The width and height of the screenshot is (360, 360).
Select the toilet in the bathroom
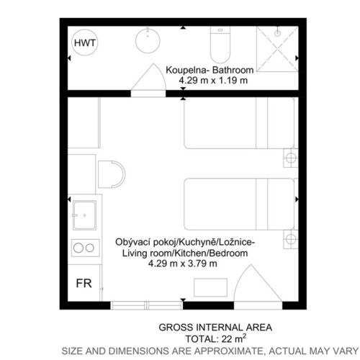pos(220,45)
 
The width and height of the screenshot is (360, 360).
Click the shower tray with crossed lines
pos(277,49)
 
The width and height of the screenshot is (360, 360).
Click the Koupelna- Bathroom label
pos(210,70)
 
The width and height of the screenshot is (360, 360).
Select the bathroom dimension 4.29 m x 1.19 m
pos(213,81)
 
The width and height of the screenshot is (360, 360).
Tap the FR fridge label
pos(84,284)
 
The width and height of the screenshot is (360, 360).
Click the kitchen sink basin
pos(84,215)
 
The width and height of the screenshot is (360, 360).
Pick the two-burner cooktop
pos(86,248)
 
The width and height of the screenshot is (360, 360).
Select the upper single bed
pos(239,123)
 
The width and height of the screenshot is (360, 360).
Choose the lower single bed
pos(239,204)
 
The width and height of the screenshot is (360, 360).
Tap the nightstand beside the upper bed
pos(291,158)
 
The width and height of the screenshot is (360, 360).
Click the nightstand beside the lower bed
pos(291,239)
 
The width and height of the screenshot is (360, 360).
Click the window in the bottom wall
pos(147,305)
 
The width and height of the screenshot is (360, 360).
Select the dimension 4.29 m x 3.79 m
pos(183,264)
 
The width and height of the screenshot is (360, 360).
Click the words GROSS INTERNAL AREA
pos(215,328)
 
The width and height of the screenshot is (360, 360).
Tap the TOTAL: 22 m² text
pos(216,338)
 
